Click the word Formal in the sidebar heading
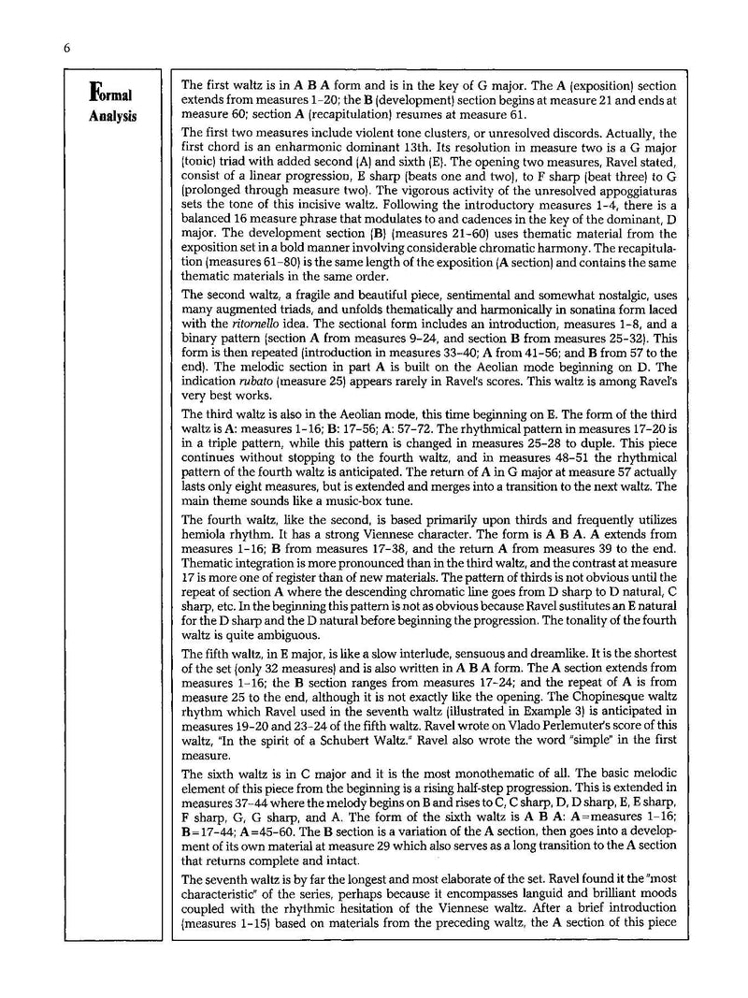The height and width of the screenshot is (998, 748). pos(110,95)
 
